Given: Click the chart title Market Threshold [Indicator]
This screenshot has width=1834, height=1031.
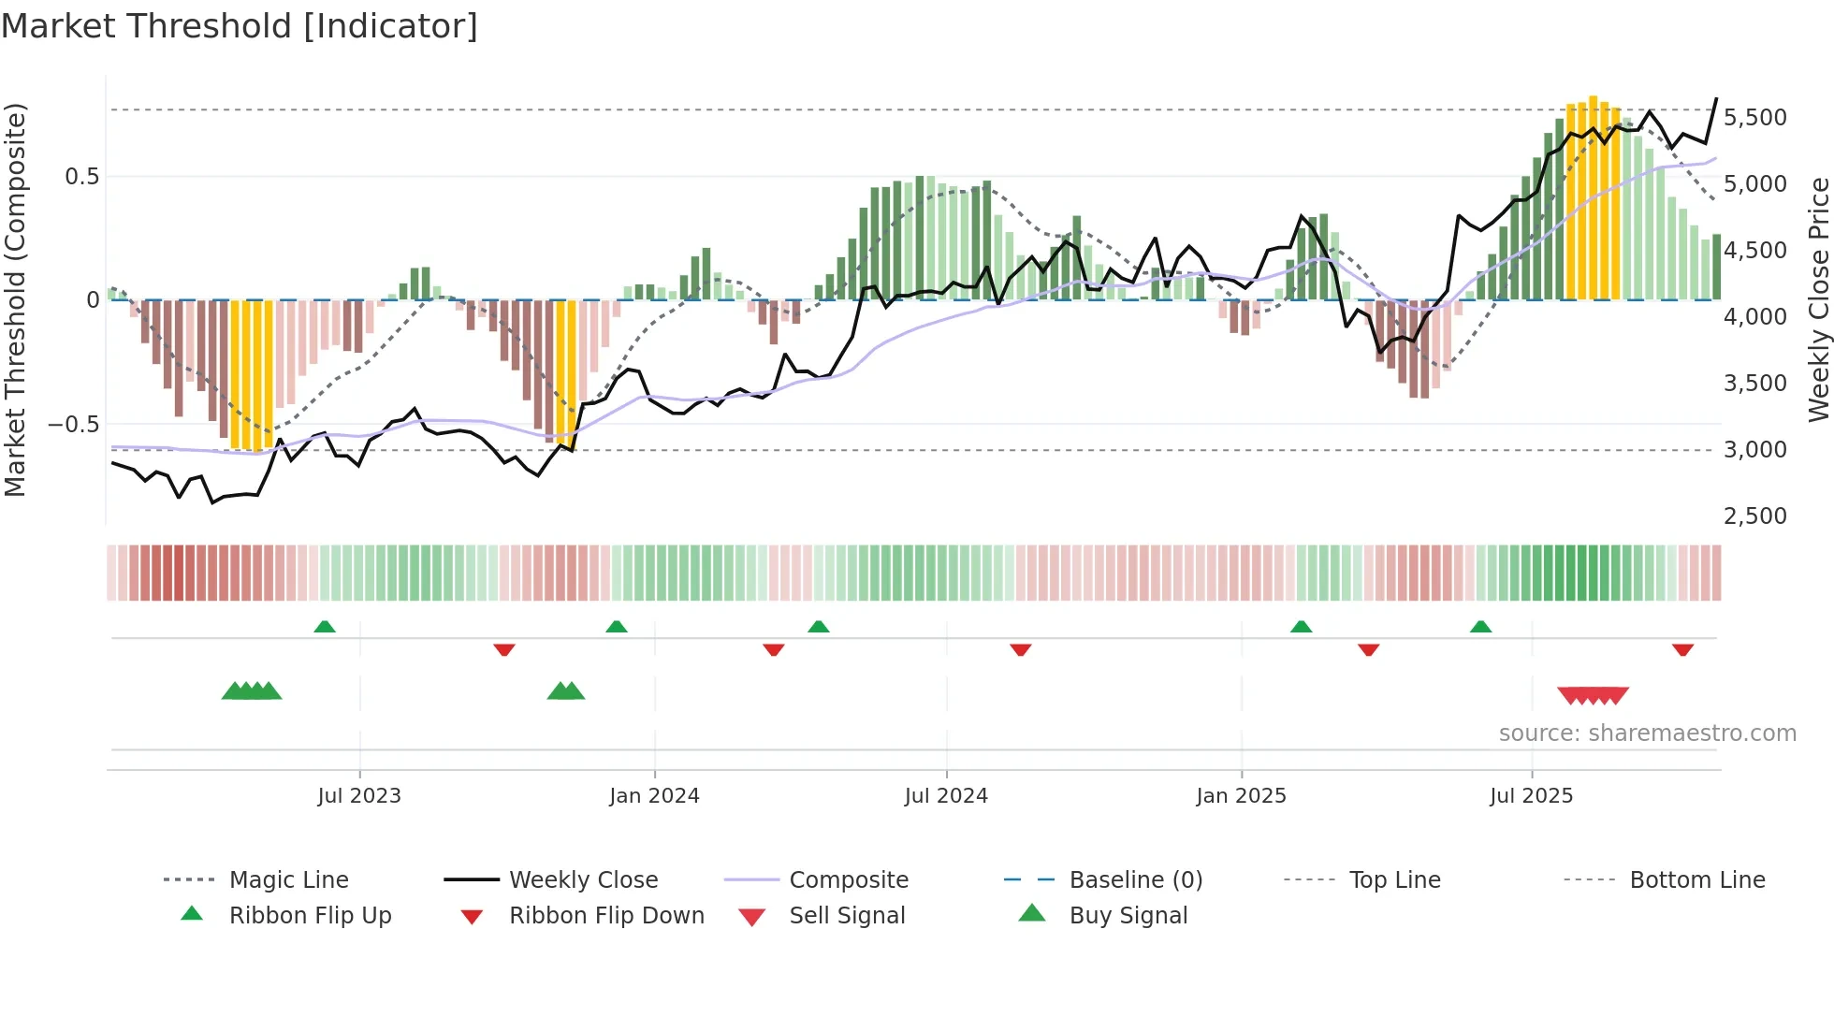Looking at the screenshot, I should tap(240, 26).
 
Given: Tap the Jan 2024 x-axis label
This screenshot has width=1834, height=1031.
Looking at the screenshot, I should tap(654, 796).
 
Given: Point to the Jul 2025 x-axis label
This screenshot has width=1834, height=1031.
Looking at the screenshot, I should tap(1531, 796).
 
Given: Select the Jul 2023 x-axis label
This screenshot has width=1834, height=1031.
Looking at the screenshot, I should tap(359, 796).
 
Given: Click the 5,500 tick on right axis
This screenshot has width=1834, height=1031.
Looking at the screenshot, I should tap(1754, 118).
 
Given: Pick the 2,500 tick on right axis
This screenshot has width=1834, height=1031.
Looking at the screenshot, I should tap(1754, 516).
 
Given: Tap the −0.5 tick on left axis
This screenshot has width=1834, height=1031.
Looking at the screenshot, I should tap(73, 425).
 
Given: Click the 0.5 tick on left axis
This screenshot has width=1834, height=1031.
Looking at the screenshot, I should tap(81, 177).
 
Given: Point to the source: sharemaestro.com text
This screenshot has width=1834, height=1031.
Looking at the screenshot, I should tap(1647, 733).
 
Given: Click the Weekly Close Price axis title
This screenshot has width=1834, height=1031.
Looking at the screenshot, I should tap(1818, 299).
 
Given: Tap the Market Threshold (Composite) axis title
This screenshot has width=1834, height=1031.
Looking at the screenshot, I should tap(15, 299).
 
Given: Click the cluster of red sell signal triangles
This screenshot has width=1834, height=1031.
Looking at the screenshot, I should tap(1593, 695).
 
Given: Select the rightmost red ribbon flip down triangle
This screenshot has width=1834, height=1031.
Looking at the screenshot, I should tap(1682, 649).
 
